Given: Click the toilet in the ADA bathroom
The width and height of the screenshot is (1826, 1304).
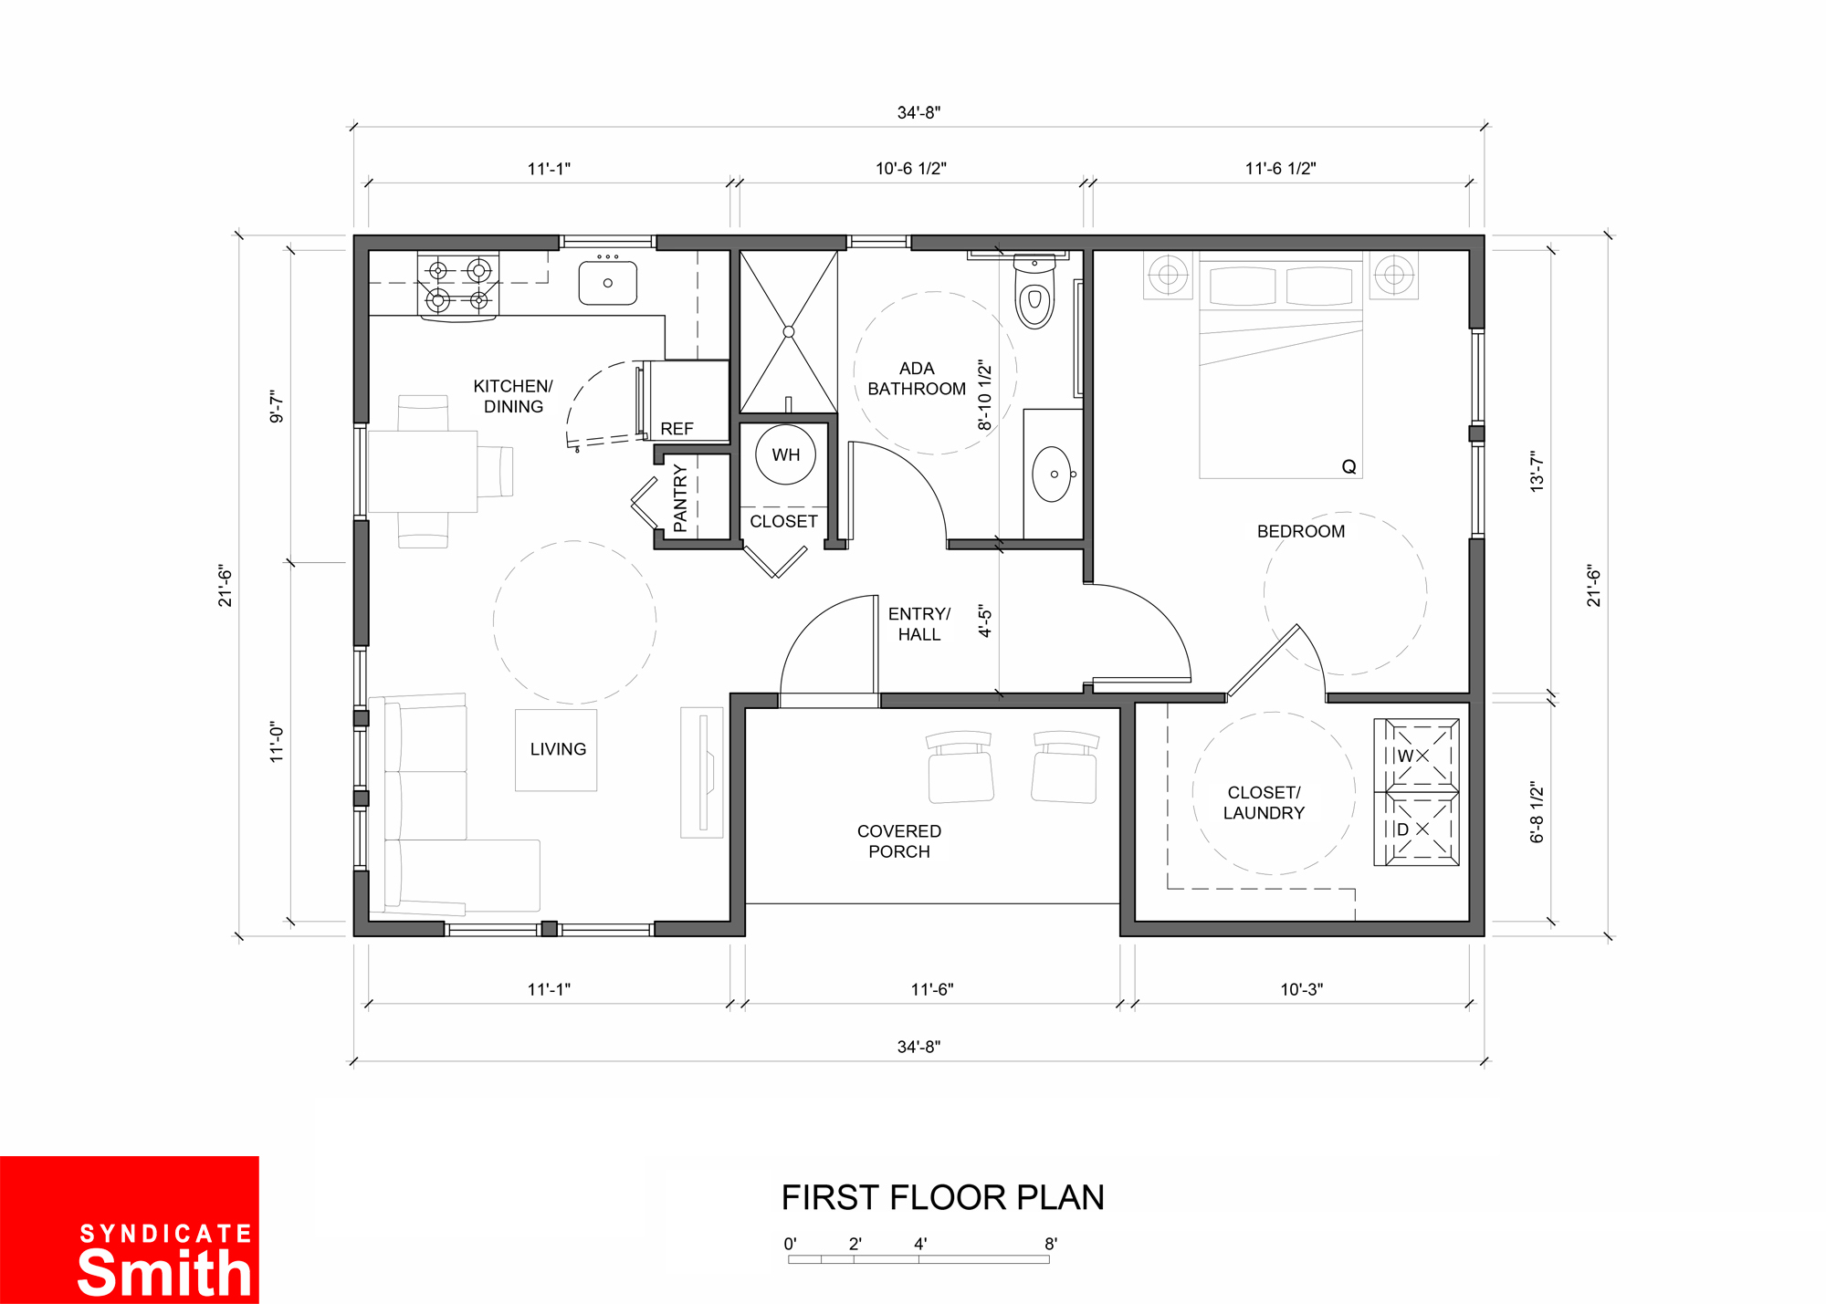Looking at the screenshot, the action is point(1034,291).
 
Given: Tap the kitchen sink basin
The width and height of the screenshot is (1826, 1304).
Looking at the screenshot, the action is point(607,283).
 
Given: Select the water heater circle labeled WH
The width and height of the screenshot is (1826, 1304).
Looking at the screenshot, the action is point(785,454).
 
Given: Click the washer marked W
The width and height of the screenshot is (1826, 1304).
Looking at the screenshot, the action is point(1416,755).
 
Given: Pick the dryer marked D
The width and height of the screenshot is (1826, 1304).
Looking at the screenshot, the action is point(1416,829).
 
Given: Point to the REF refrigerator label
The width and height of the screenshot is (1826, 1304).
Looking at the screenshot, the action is point(677,429).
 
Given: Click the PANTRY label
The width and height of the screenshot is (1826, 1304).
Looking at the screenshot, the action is point(680,498).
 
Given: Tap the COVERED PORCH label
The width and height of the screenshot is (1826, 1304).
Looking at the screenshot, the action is point(899,841).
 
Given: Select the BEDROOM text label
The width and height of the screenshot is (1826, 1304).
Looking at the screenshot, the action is point(1300,531).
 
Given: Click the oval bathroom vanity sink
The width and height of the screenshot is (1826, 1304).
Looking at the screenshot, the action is point(1052,475).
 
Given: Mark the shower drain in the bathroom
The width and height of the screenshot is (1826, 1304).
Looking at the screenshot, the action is point(789,331).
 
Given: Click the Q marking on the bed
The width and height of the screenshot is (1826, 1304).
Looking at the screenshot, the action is point(1349,467).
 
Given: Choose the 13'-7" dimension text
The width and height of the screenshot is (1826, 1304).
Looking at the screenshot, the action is point(1537,472).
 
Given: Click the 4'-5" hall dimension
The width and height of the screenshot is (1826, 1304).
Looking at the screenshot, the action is point(985,621).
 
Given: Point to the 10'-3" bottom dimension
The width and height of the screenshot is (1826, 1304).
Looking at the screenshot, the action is point(1301,989).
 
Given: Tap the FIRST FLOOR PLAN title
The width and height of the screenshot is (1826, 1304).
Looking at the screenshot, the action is point(943,1197).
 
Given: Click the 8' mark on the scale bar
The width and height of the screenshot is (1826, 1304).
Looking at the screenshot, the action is point(1051,1243).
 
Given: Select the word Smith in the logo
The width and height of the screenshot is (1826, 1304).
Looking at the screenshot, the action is point(164,1273).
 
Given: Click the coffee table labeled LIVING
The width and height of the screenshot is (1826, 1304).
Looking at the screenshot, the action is point(556,750).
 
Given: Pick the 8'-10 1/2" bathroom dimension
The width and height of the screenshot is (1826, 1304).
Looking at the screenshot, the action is point(984,395).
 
